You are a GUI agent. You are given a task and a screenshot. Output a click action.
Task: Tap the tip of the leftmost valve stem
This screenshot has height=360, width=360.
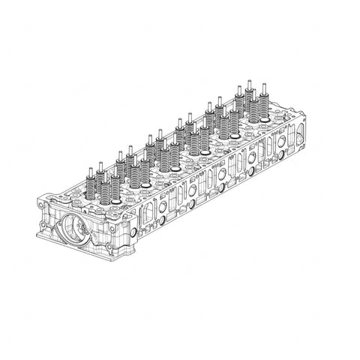[x=91, y=168]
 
